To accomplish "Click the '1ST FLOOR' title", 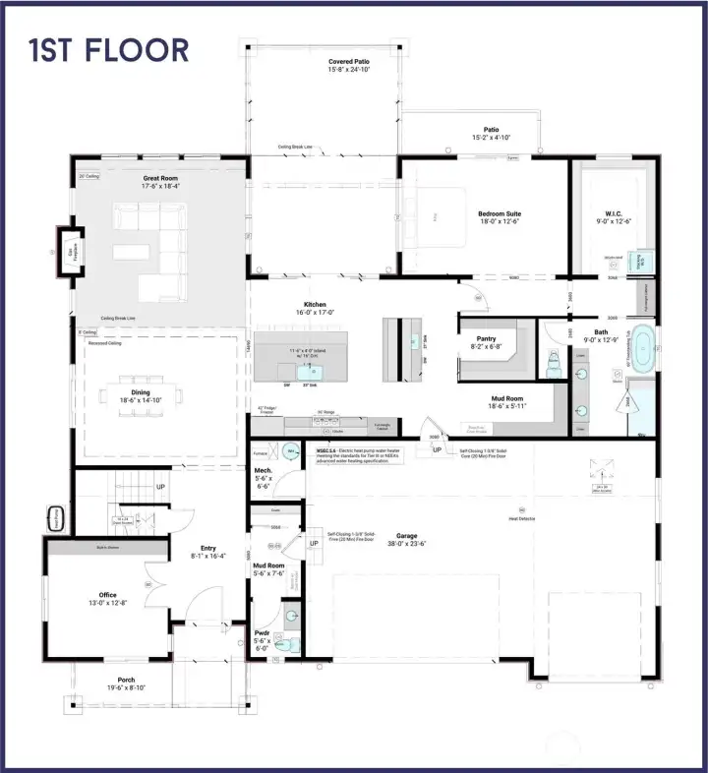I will [x=108, y=49].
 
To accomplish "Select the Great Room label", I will [x=160, y=178].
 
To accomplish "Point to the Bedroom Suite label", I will [x=500, y=213].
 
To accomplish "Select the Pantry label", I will [x=485, y=339].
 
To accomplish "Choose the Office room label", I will [x=107, y=595].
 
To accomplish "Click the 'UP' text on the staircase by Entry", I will [x=160, y=486].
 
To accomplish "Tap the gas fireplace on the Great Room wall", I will [x=70, y=253].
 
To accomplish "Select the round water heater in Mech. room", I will [x=290, y=451].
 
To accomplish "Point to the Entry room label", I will [x=207, y=549].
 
